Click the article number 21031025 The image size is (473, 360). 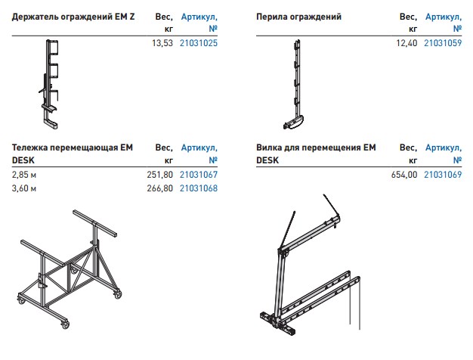pos(199,43)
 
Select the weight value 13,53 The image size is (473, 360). pos(162,43)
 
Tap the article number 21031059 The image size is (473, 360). pos(443,43)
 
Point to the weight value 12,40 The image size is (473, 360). pos(407,43)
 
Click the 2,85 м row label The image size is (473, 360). pos(24,175)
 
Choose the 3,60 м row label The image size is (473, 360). pos(24,188)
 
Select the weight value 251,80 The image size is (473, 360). pos(160,175)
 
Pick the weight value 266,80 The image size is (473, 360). pos(160,188)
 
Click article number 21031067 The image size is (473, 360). pos(199,175)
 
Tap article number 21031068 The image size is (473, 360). pos(199,188)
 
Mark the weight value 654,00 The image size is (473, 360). pos(404,175)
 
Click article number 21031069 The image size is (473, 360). pos(443,175)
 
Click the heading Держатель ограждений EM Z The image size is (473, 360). pos(73,17)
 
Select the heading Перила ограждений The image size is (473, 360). pos(298,17)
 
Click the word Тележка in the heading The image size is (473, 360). pos(29,147)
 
